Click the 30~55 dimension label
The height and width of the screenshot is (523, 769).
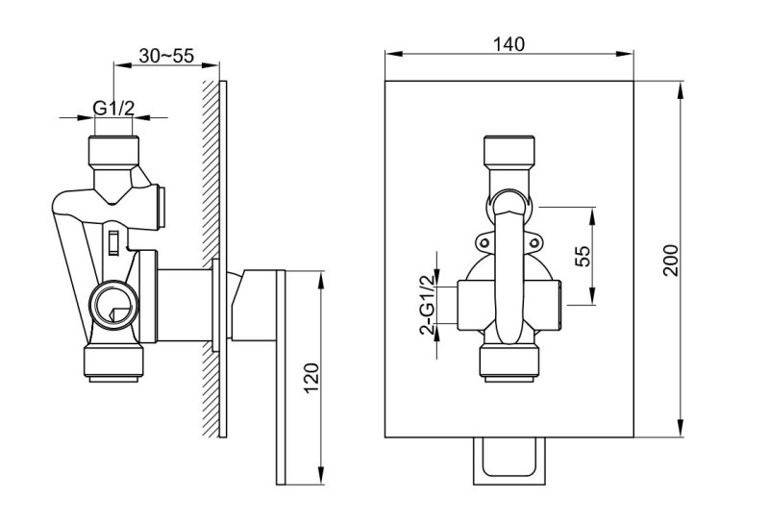(x=166, y=56)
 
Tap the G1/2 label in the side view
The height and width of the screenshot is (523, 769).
(x=113, y=107)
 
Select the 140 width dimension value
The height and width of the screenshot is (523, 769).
(x=510, y=43)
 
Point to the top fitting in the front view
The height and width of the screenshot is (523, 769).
(x=509, y=154)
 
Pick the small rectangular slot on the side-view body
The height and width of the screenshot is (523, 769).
(x=114, y=239)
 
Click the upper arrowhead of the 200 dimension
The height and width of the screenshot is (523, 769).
(x=681, y=89)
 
